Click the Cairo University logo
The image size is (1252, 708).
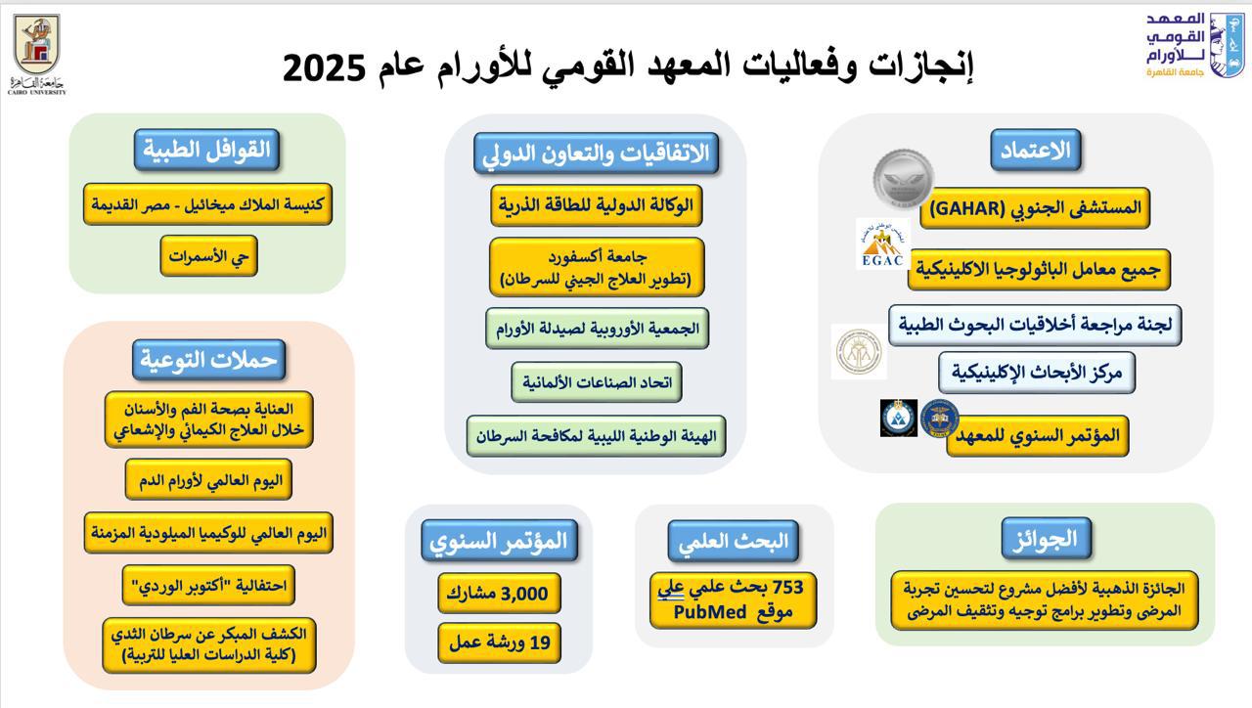[36, 54]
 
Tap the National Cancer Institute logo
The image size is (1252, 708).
[1195, 46]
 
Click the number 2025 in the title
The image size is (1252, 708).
[324, 68]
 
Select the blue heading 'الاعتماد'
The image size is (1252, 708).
[1036, 150]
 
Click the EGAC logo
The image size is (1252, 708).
[882, 244]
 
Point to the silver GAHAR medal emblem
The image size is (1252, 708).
[903, 178]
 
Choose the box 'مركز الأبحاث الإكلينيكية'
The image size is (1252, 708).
[1037, 373]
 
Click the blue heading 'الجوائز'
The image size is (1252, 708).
[1047, 538]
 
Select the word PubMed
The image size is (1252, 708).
[710, 612]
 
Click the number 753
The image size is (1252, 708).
[787, 587]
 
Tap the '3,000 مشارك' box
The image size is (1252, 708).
[499, 593]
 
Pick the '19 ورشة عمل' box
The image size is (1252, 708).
[499, 642]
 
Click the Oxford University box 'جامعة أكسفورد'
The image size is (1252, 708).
[597, 267]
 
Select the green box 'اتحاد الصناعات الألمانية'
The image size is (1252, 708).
[597, 382]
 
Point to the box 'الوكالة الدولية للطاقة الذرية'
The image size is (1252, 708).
[597, 205]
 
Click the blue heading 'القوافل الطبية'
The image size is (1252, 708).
[206, 150]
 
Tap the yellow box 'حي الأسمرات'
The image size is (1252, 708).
[208, 256]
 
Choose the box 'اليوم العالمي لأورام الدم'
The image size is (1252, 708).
[208, 479]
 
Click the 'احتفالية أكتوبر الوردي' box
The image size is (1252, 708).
[208, 585]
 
